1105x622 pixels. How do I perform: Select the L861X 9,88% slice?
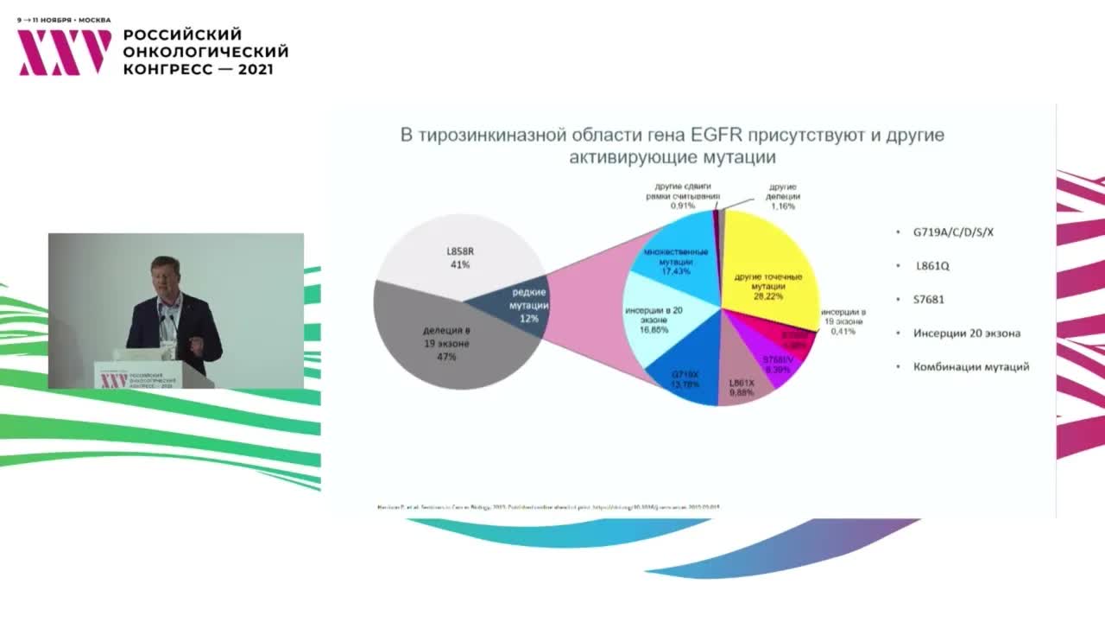click(741, 384)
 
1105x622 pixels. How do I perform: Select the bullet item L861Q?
click(932, 266)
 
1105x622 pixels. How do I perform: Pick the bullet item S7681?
click(930, 300)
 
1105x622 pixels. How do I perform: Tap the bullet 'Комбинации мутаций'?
click(971, 367)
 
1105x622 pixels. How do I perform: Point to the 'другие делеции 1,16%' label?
click(783, 197)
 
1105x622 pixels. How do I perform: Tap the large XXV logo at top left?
click(65, 52)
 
